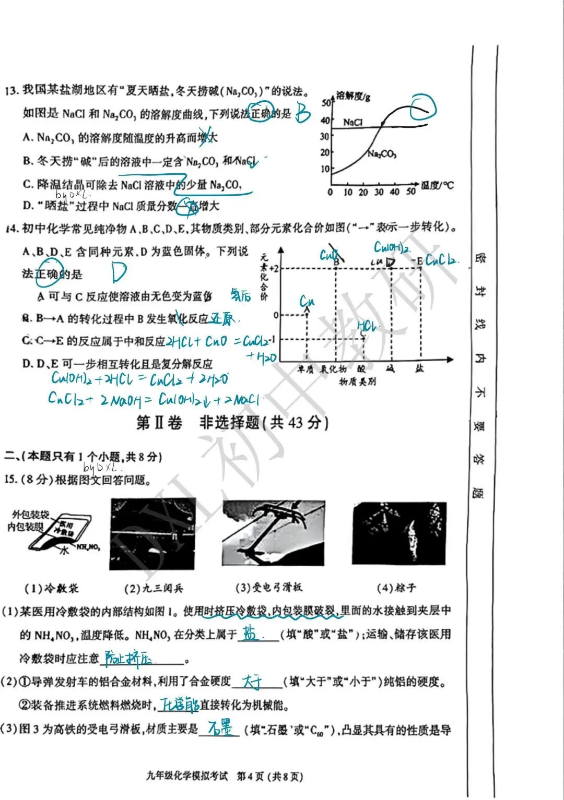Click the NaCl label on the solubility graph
(x=352, y=122)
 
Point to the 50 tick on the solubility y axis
(x=326, y=103)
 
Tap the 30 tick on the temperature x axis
(x=379, y=192)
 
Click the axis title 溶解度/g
(x=353, y=95)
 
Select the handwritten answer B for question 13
(x=303, y=112)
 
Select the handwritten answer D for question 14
(x=119, y=272)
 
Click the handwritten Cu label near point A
(x=307, y=301)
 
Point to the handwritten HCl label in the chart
(x=367, y=326)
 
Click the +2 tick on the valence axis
(x=274, y=268)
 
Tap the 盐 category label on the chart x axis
(x=419, y=368)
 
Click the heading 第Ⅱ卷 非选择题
(x=232, y=422)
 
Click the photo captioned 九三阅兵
(x=152, y=534)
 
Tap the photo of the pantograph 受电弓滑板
(x=274, y=533)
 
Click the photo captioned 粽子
(x=399, y=533)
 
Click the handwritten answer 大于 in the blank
(x=254, y=681)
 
